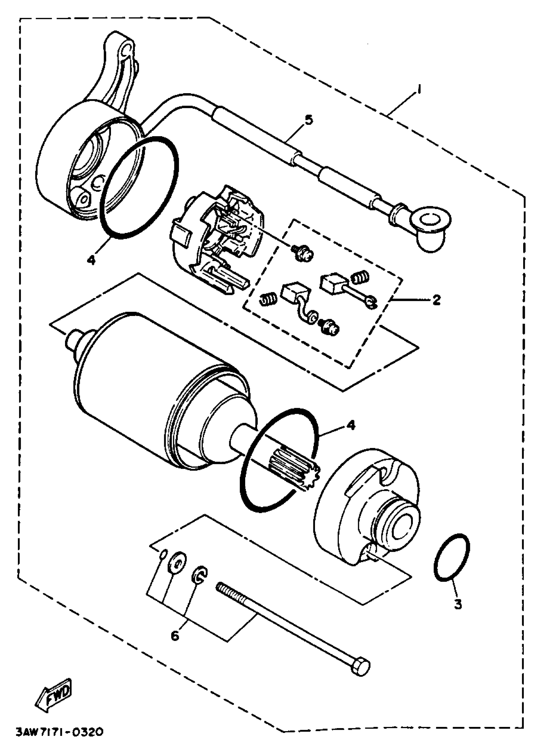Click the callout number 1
[420, 90]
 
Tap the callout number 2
[436, 300]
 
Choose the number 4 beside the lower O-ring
[351, 425]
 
